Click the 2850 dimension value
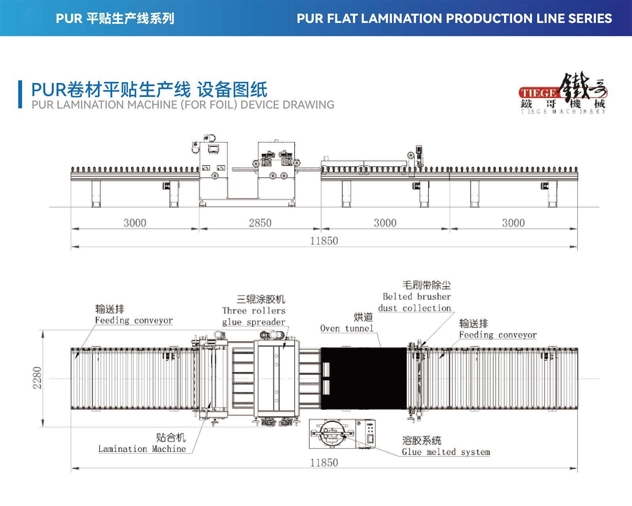(x=260, y=223)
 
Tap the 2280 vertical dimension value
(x=37, y=378)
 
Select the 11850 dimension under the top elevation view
(x=324, y=241)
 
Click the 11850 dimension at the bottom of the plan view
(x=324, y=463)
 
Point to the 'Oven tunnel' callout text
(x=346, y=328)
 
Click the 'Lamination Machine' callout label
(x=142, y=449)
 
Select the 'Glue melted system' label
(x=446, y=452)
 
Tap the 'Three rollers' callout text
(x=254, y=311)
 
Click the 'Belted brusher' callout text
(x=417, y=296)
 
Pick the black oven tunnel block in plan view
(x=363, y=378)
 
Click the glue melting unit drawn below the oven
(x=342, y=434)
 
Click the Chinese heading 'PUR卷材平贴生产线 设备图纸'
(x=149, y=90)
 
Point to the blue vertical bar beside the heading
(x=20, y=94)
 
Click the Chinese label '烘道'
(x=363, y=317)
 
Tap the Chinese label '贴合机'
(x=171, y=437)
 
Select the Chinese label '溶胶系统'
(x=421, y=440)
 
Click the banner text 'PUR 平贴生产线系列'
(x=115, y=19)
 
